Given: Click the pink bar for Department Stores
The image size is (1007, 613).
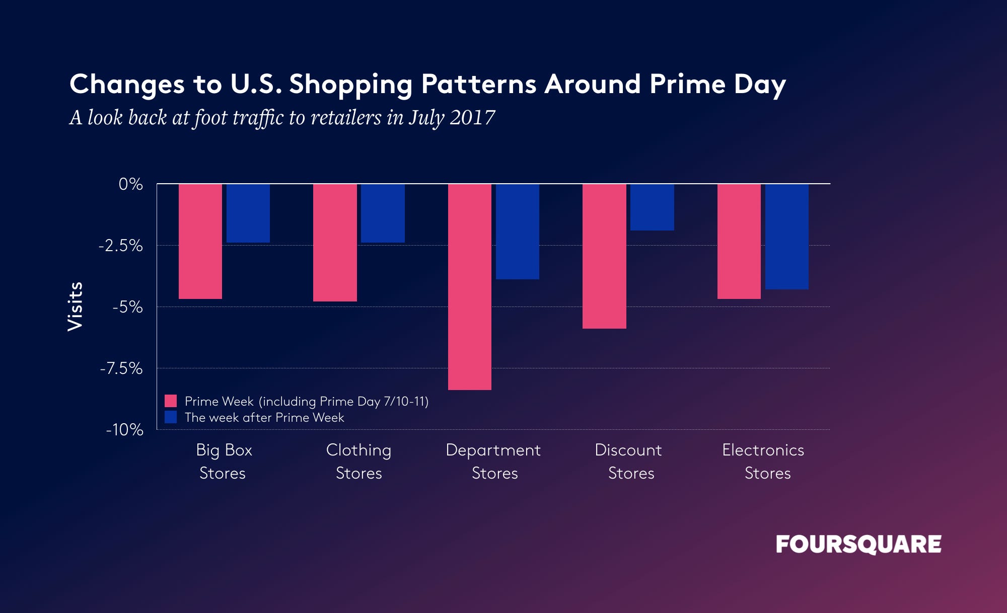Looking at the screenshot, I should coord(469,287).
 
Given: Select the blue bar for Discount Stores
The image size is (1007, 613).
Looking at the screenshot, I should coord(652,207).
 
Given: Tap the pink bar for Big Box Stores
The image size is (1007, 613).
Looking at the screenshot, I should coord(200,242).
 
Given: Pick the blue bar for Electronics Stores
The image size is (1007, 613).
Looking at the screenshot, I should coord(787,237).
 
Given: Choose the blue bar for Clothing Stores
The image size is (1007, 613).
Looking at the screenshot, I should coord(383,213).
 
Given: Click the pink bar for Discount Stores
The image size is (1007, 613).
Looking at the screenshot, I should coord(604,256).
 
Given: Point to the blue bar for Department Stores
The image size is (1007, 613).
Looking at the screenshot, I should coord(518,232).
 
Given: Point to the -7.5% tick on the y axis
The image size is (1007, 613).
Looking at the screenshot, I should coord(121,368).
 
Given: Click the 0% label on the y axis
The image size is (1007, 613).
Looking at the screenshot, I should coord(130,184).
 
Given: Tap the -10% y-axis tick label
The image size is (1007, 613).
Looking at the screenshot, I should coord(124,430).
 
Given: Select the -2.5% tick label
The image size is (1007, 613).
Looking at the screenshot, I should coord(121,246).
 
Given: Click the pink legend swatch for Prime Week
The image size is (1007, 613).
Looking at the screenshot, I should coord(171,401).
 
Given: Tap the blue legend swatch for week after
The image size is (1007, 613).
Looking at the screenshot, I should coord(171,417).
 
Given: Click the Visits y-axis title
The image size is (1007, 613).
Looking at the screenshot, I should coord(75,306).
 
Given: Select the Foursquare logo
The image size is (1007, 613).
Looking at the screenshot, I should coord(858,545).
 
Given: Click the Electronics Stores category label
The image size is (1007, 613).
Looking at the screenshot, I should coord(763,462).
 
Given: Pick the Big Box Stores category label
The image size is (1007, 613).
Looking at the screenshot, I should coord(224,462).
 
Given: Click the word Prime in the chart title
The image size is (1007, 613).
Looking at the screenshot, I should coord(687,84).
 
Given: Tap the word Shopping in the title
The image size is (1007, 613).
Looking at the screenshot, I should coord(350,85).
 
